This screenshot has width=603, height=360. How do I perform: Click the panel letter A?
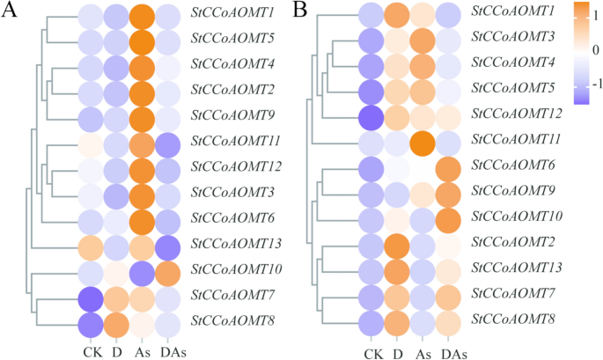point(12,12)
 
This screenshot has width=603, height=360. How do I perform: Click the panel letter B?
point(300,12)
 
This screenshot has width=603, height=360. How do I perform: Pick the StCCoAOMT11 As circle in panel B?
point(425,140)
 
